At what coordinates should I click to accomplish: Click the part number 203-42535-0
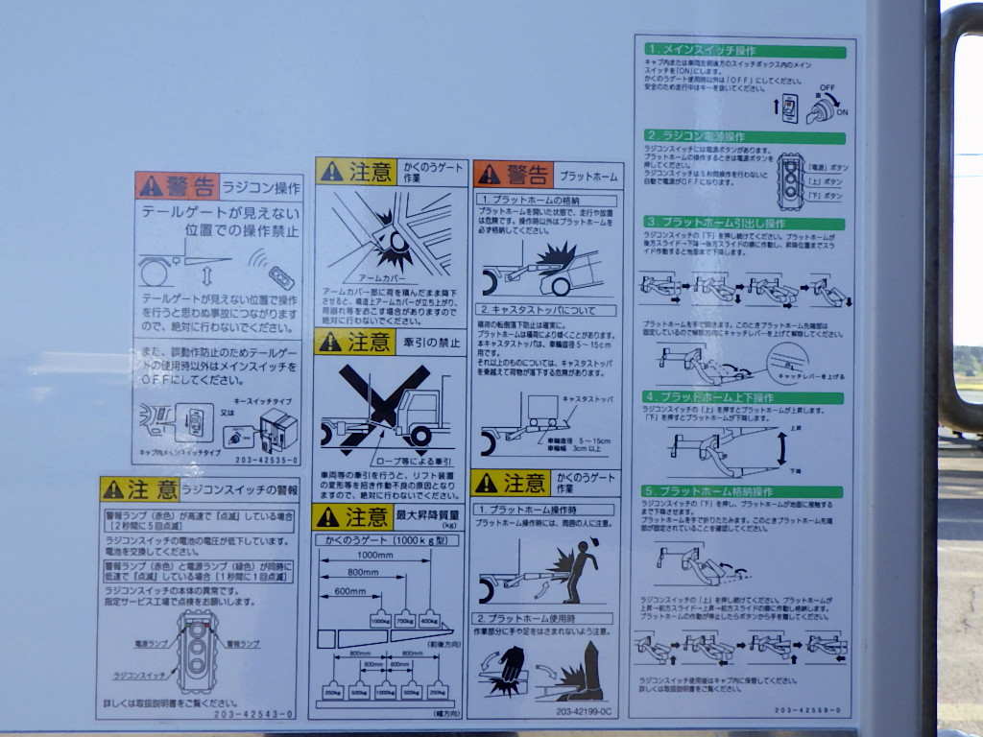coord(266,460)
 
